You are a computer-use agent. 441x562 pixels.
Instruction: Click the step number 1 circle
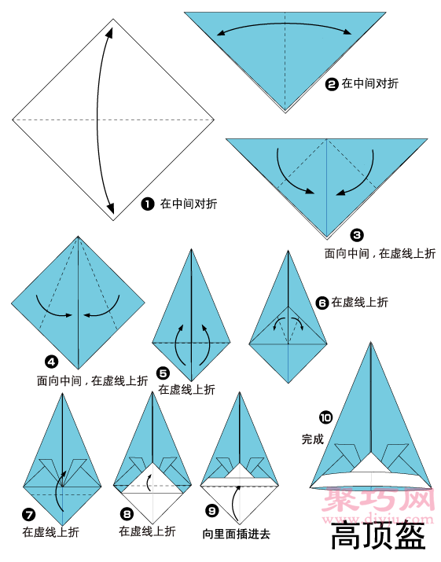click(147, 204)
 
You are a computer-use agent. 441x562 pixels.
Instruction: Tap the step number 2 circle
click(332, 84)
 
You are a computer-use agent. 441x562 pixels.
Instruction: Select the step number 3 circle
click(357, 235)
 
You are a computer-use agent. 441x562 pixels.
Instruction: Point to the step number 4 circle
click(52, 362)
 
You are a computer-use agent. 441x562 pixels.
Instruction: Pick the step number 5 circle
click(164, 373)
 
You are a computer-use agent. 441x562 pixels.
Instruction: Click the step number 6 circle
click(322, 303)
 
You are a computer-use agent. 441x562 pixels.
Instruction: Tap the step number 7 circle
click(28, 515)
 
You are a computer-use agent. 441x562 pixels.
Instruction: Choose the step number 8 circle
click(127, 514)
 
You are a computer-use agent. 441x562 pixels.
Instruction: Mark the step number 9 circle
click(212, 510)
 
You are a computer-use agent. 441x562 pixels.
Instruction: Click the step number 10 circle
click(325, 417)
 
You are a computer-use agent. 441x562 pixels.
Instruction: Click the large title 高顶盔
click(378, 536)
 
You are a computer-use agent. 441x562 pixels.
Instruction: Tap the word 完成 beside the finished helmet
click(313, 439)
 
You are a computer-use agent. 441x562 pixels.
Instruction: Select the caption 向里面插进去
click(237, 534)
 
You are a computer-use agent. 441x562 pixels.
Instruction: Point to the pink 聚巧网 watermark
click(378, 499)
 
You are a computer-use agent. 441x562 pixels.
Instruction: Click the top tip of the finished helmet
click(371, 342)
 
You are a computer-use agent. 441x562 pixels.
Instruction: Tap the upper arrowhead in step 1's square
click(110, 32)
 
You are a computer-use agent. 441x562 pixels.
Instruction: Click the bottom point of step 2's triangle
click(285, 112)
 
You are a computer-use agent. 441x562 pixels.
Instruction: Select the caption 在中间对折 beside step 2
click(370, 83)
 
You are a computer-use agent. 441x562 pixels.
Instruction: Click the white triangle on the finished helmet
click(371, 462)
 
